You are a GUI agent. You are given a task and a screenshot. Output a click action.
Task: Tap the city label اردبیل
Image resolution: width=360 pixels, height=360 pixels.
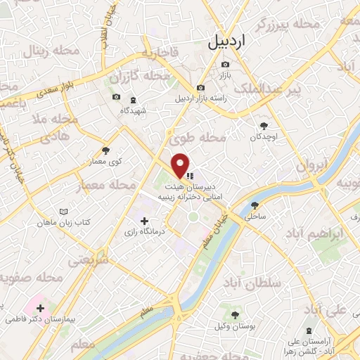(x=228, y=41)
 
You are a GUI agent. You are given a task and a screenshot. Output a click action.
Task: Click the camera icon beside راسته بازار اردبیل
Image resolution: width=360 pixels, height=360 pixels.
(x=201, y=87)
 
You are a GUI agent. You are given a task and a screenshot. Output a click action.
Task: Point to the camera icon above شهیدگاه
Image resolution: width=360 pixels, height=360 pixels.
(x=116, y=97)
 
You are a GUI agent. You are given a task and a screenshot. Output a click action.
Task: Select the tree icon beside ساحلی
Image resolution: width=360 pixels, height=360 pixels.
(x=255, y=205)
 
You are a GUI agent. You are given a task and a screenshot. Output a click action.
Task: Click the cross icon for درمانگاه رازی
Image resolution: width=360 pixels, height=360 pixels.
(x=145, y=221)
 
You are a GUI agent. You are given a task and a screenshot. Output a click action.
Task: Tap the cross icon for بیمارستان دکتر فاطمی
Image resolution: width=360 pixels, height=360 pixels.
(x=41, y=308)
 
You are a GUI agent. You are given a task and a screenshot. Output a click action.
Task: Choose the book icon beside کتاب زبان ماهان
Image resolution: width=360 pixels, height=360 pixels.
(x=65, y=211)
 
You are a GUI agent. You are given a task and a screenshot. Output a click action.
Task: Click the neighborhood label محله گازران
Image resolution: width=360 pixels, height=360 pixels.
(x=147, y=75)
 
